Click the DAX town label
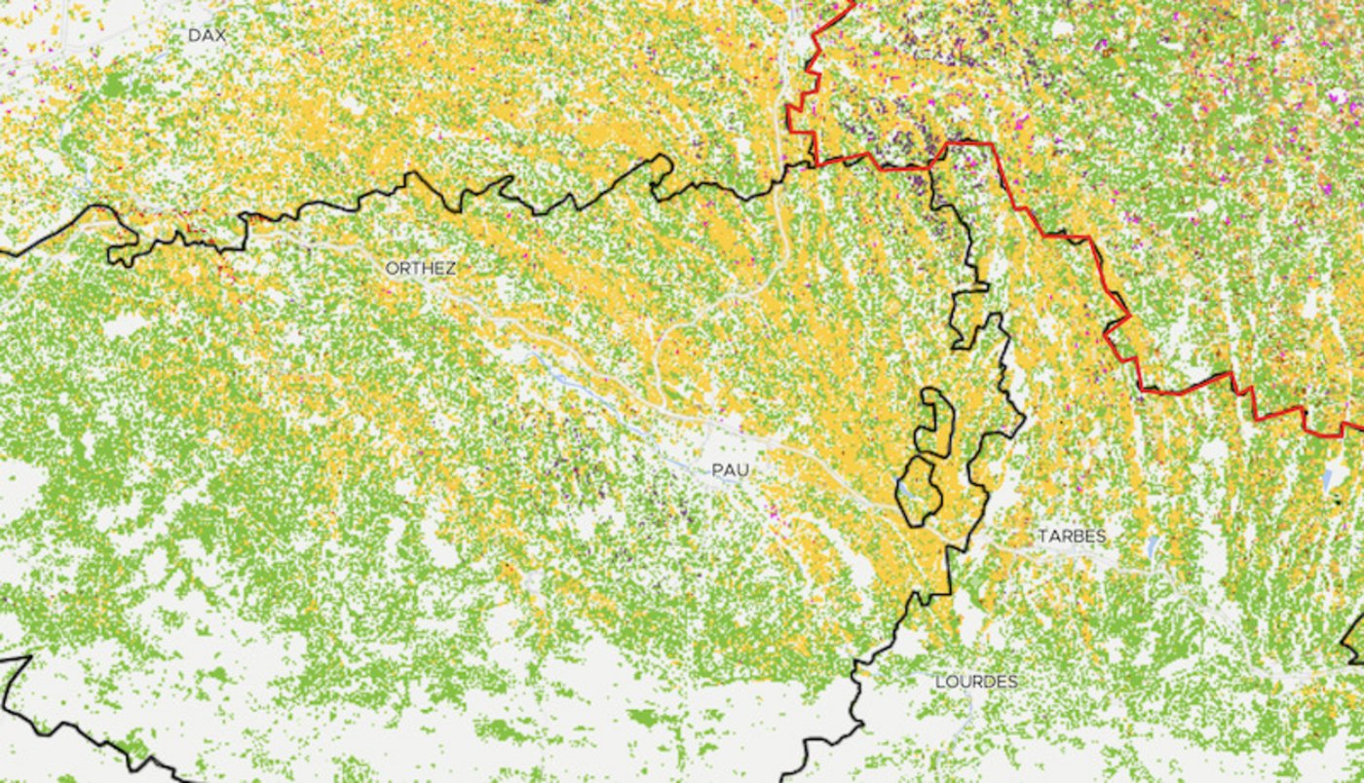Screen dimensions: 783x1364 tap(207, 35)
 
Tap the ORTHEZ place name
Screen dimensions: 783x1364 tap(420, 268)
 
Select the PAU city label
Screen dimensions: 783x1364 tap(730, 470)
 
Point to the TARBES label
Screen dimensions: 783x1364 tap(1071, 537)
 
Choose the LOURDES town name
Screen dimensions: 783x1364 tap(975, 682)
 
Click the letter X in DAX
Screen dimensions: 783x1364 tap(221, 35)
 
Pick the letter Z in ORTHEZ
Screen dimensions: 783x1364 tap(449, 268)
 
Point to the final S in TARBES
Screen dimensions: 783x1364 tap(1101, 537)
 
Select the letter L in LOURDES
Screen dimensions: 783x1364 tap(940, 682)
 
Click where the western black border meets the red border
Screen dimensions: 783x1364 tap(814, 163)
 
